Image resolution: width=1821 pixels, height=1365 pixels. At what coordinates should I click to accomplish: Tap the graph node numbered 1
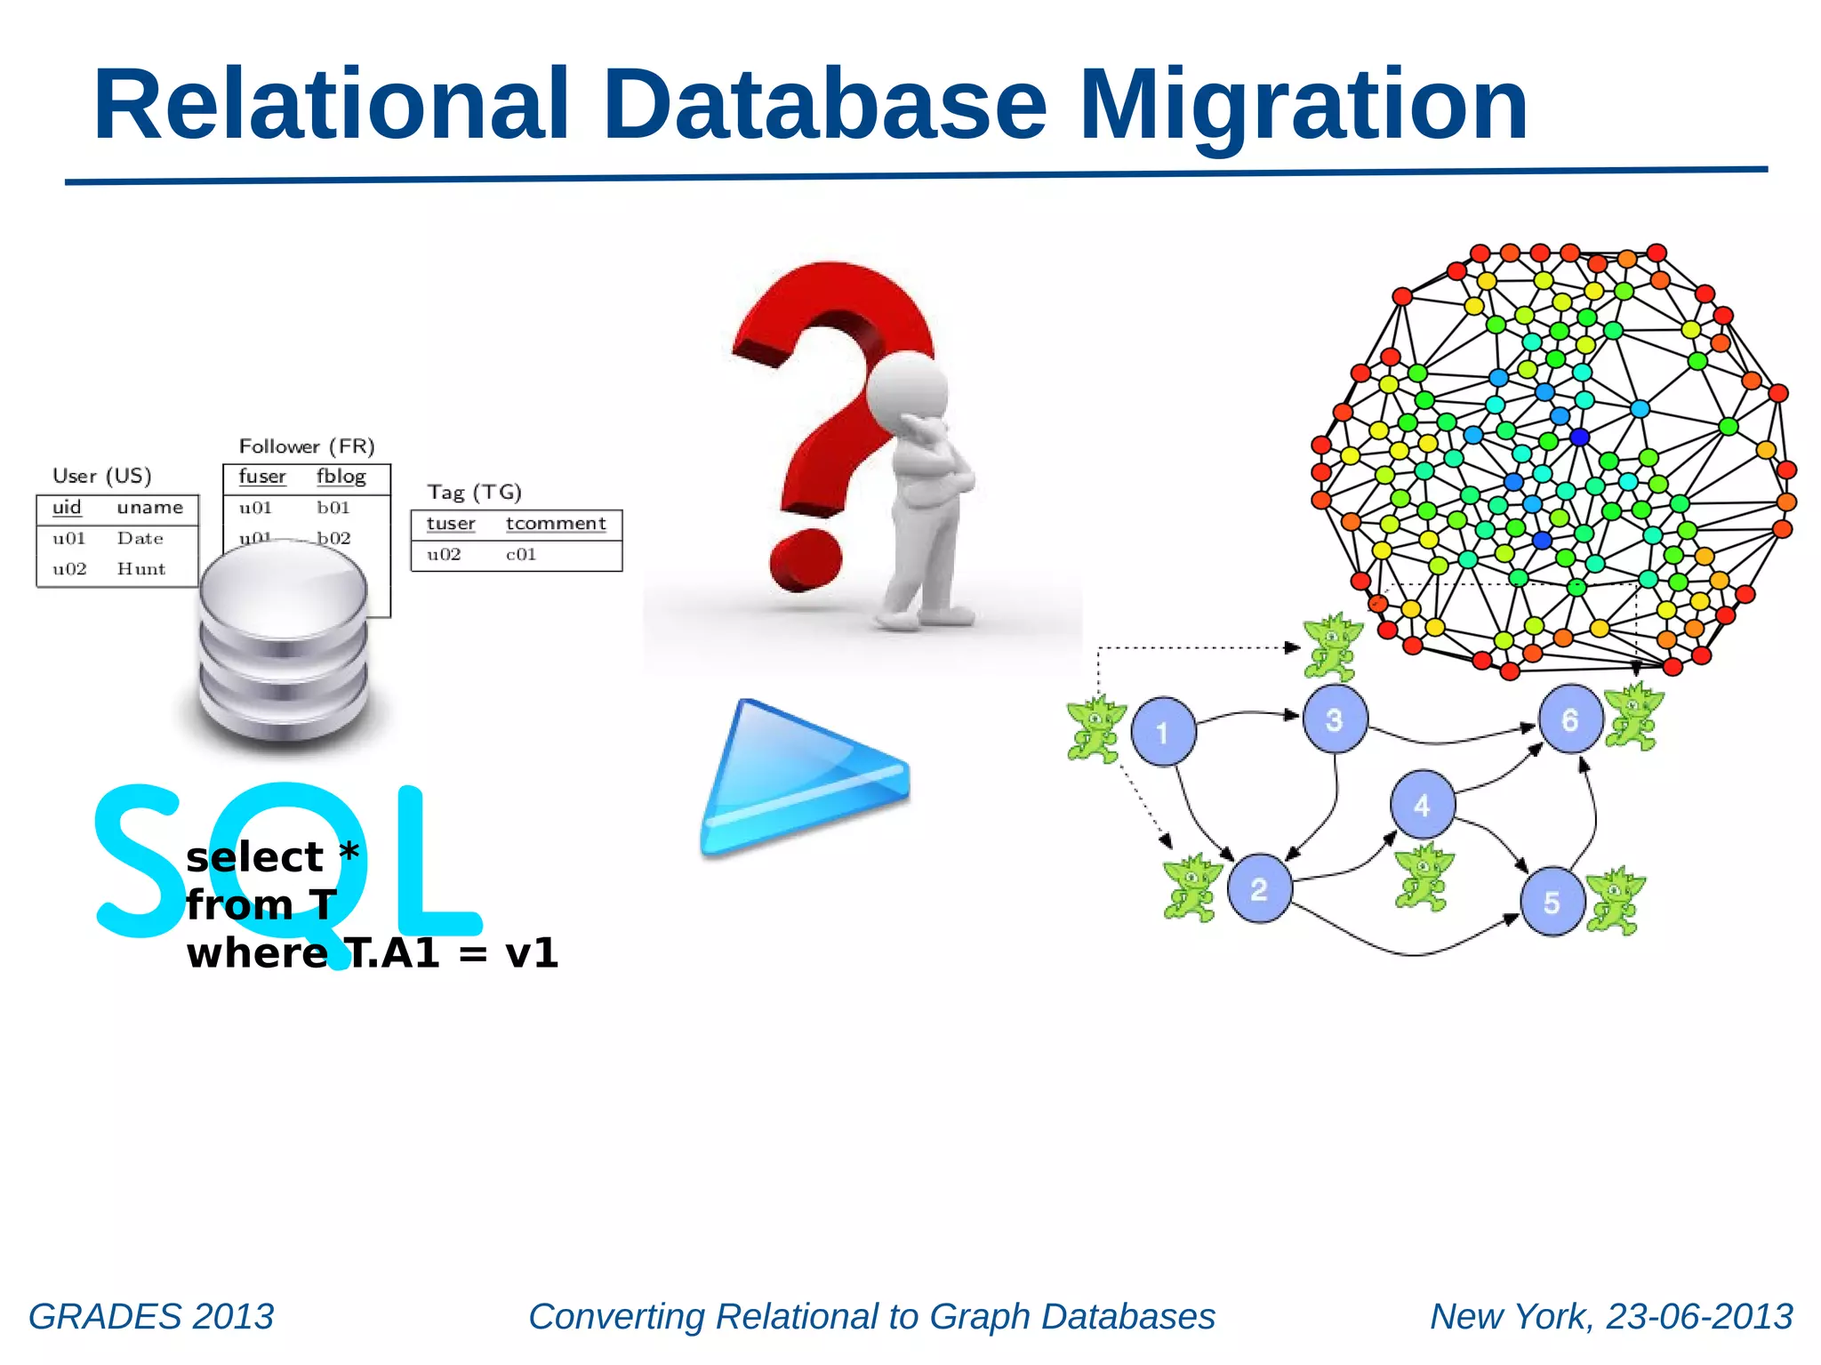[1163, 732]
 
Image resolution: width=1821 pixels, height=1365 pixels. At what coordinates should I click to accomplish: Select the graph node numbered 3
[1335, 719]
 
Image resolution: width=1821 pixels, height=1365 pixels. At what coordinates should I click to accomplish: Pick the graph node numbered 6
[1570, 719]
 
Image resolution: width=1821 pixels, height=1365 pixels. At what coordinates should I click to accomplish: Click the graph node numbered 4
[1422, 804]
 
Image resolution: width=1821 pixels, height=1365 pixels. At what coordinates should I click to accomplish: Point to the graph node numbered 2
[1259, 888]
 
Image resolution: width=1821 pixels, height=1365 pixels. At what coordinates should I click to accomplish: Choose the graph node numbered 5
[1552, 902]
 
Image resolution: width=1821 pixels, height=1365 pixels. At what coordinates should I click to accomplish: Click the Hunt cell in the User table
[141, 569]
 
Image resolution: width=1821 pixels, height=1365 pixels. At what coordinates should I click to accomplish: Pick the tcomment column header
[556, 524]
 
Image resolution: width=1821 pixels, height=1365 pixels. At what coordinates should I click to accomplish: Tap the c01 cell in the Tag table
[521, 555]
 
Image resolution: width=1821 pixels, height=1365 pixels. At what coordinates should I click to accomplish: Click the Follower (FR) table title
[307, 446]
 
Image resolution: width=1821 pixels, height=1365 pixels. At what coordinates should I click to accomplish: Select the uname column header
[149, 508]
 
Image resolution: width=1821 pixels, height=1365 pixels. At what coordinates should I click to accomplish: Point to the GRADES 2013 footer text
[151, 1316]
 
